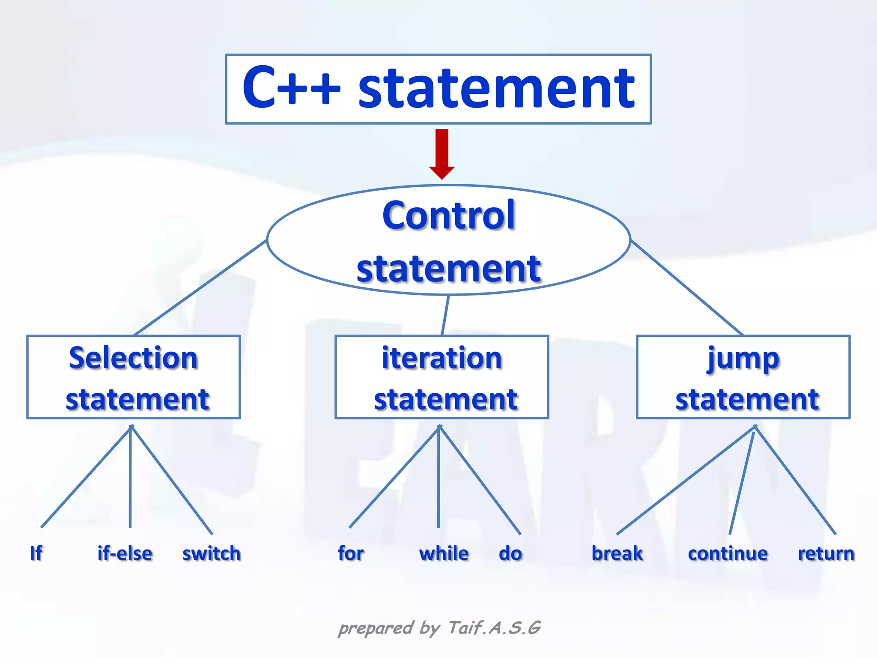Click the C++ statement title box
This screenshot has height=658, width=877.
[x=438, y=89]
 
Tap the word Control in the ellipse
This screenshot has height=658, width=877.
[x=448, y=215]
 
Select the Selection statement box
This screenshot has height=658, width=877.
[x=134, y=377]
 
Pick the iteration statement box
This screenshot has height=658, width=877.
[x=441, y=377]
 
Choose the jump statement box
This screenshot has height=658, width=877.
[x=743, y=377]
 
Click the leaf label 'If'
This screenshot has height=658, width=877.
[x=36, y=553]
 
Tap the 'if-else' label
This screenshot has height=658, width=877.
[x=125, y=553]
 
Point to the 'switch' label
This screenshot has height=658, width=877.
[x=212, y=553]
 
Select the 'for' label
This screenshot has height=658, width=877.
[x=351, y=553]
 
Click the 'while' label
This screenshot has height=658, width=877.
[x=444, y=553]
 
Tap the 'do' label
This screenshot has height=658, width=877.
[x=510, y=553]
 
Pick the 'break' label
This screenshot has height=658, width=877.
[x=617, y=553]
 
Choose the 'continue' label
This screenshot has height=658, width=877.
[x=728, y=553]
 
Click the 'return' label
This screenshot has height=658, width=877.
[x=826, y=553]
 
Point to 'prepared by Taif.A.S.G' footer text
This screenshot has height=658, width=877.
[x=439, y=628]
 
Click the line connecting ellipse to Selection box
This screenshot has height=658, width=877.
[x=200, y=288]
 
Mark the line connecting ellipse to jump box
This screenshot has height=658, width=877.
[x=686, y=287]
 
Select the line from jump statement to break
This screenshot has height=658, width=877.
[x=685, y=480]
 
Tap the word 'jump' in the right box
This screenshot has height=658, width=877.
[x=743, y=359]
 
